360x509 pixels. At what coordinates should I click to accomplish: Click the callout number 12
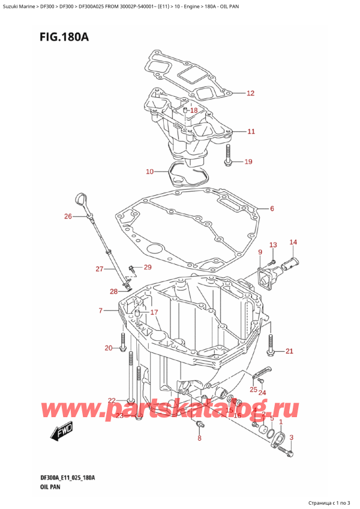(250, 93)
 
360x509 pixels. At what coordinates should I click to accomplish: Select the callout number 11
(250, 131)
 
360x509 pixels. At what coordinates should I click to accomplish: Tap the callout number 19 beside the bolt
(248, 161)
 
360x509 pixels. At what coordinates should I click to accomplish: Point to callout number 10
(150, 172)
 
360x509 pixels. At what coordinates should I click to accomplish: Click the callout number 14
(293, 242)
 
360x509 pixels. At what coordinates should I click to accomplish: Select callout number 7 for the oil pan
(101, 310)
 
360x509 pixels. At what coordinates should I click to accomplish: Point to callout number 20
(108, 348)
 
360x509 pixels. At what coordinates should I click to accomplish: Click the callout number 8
(199, 439)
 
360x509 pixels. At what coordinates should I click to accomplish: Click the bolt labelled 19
(228, 157)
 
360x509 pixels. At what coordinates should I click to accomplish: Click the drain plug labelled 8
(200, 426)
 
